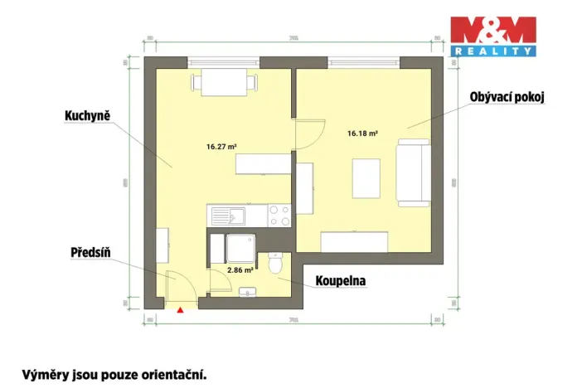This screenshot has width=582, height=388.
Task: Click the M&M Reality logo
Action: (x=492, y=36)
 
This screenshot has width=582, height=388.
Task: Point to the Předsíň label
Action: (x=90, y=252)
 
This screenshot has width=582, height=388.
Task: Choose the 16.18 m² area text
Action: (x=362, y=133)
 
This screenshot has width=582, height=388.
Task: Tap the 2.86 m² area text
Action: (x=240, y=270)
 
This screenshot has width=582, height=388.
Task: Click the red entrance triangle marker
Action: (x=179, y=310)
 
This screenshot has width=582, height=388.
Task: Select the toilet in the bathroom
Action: (x=276, y=264)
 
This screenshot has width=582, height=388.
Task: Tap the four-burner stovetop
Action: (x=279, y=216)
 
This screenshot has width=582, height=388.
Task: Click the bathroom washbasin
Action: (x=248, y=291)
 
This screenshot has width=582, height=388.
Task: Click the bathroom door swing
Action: (x=219, y=280)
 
